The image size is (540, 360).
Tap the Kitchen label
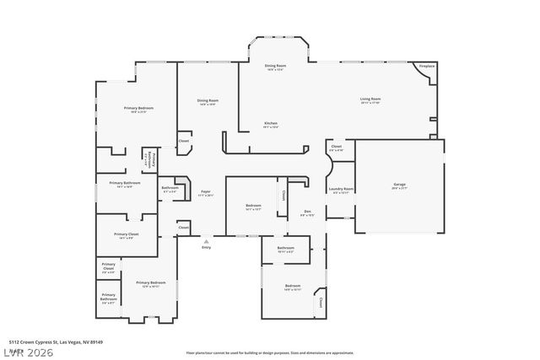pos(270,123)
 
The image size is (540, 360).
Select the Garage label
pos(399,184)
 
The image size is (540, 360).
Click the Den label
pos(307,211)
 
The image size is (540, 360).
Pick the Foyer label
pos(205,191)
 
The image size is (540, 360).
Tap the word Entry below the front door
pos(206,247)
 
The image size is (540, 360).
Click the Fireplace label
pos(427,66)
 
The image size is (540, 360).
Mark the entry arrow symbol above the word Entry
pos(206,240)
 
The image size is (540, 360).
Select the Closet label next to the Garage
pos(336,147)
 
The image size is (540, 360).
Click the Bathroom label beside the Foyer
pos(170,187)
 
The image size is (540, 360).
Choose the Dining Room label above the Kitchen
pos(275,66)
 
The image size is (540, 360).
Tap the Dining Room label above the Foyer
pos(208,101)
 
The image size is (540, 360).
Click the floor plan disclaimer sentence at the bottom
pos(270,352)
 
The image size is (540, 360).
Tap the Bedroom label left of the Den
pos(253,206)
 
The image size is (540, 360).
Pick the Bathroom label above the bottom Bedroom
pos(285,247)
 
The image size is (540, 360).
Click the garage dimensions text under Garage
pos(399,188)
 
